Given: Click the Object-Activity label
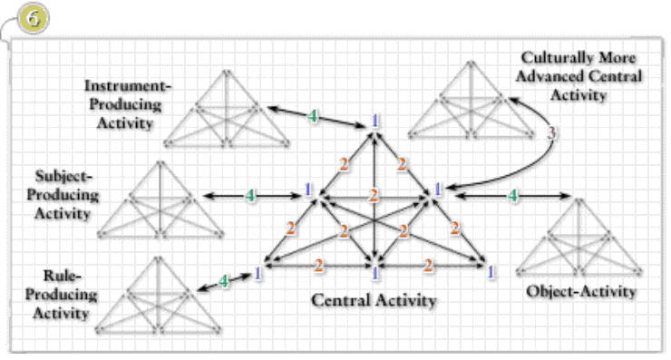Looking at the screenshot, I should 581,292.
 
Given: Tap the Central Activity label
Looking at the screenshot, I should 374,300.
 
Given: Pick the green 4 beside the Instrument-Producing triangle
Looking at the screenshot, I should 313,117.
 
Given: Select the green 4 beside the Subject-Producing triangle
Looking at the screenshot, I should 249,194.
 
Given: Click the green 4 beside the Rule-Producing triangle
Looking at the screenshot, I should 223,281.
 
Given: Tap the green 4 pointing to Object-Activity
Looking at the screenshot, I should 512,195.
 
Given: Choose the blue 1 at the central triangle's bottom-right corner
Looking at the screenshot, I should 490,270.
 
